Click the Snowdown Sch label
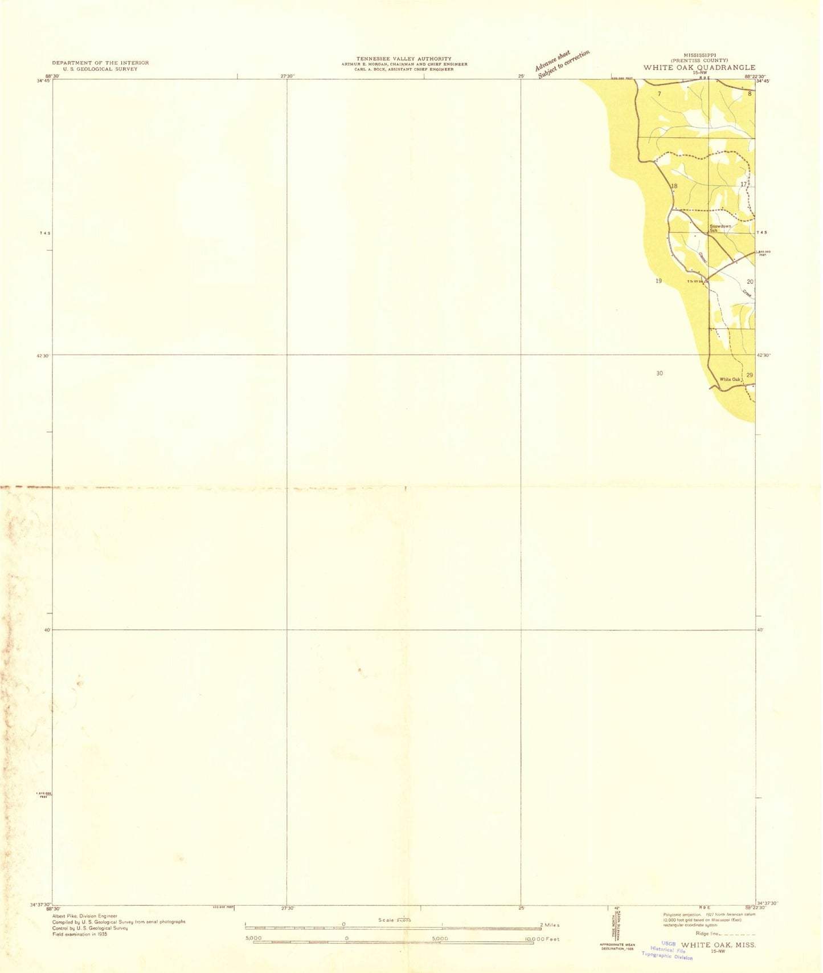coord(720,228)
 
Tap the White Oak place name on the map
coord(730,379)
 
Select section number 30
coord(659,373)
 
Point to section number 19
coord(658,281)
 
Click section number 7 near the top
coord(659,93)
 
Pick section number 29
coord(749,374)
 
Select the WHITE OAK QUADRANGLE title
coord(699,67)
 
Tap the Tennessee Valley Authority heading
coord(404,59)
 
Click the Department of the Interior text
coord(100,63)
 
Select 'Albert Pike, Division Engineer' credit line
coord(84,915)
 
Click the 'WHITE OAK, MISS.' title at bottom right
coord(718,944)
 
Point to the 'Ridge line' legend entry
coord(726,934)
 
